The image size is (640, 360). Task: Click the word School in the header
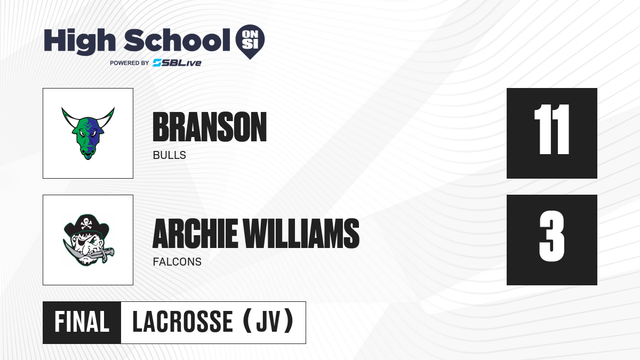177,40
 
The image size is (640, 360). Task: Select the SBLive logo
177,63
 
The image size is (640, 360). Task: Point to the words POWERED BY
130,63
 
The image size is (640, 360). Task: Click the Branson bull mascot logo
88,133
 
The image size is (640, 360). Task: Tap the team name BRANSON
210,127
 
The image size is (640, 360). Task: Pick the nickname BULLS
170,155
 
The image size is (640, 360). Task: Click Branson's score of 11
551,130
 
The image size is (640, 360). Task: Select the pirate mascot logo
88,240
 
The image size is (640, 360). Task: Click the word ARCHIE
195,234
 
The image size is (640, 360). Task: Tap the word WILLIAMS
301,234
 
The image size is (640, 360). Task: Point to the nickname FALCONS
177,262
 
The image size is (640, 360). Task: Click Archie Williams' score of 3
551,236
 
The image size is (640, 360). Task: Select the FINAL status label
82,322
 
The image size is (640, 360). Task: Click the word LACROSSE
183,322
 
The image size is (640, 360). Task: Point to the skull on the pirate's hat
86,223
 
